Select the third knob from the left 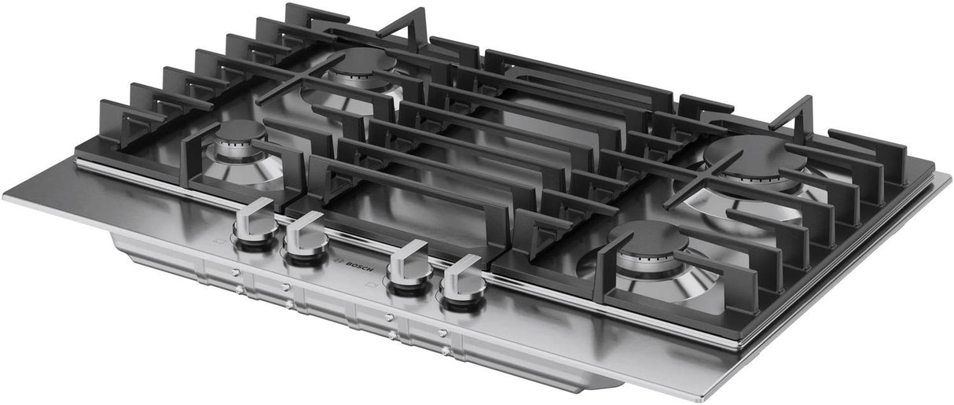pyautogui.click(x=409, y=263)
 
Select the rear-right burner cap pyautogui.click(x=754, y=155)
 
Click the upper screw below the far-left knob pyautogui.click(x=235, y=272)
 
